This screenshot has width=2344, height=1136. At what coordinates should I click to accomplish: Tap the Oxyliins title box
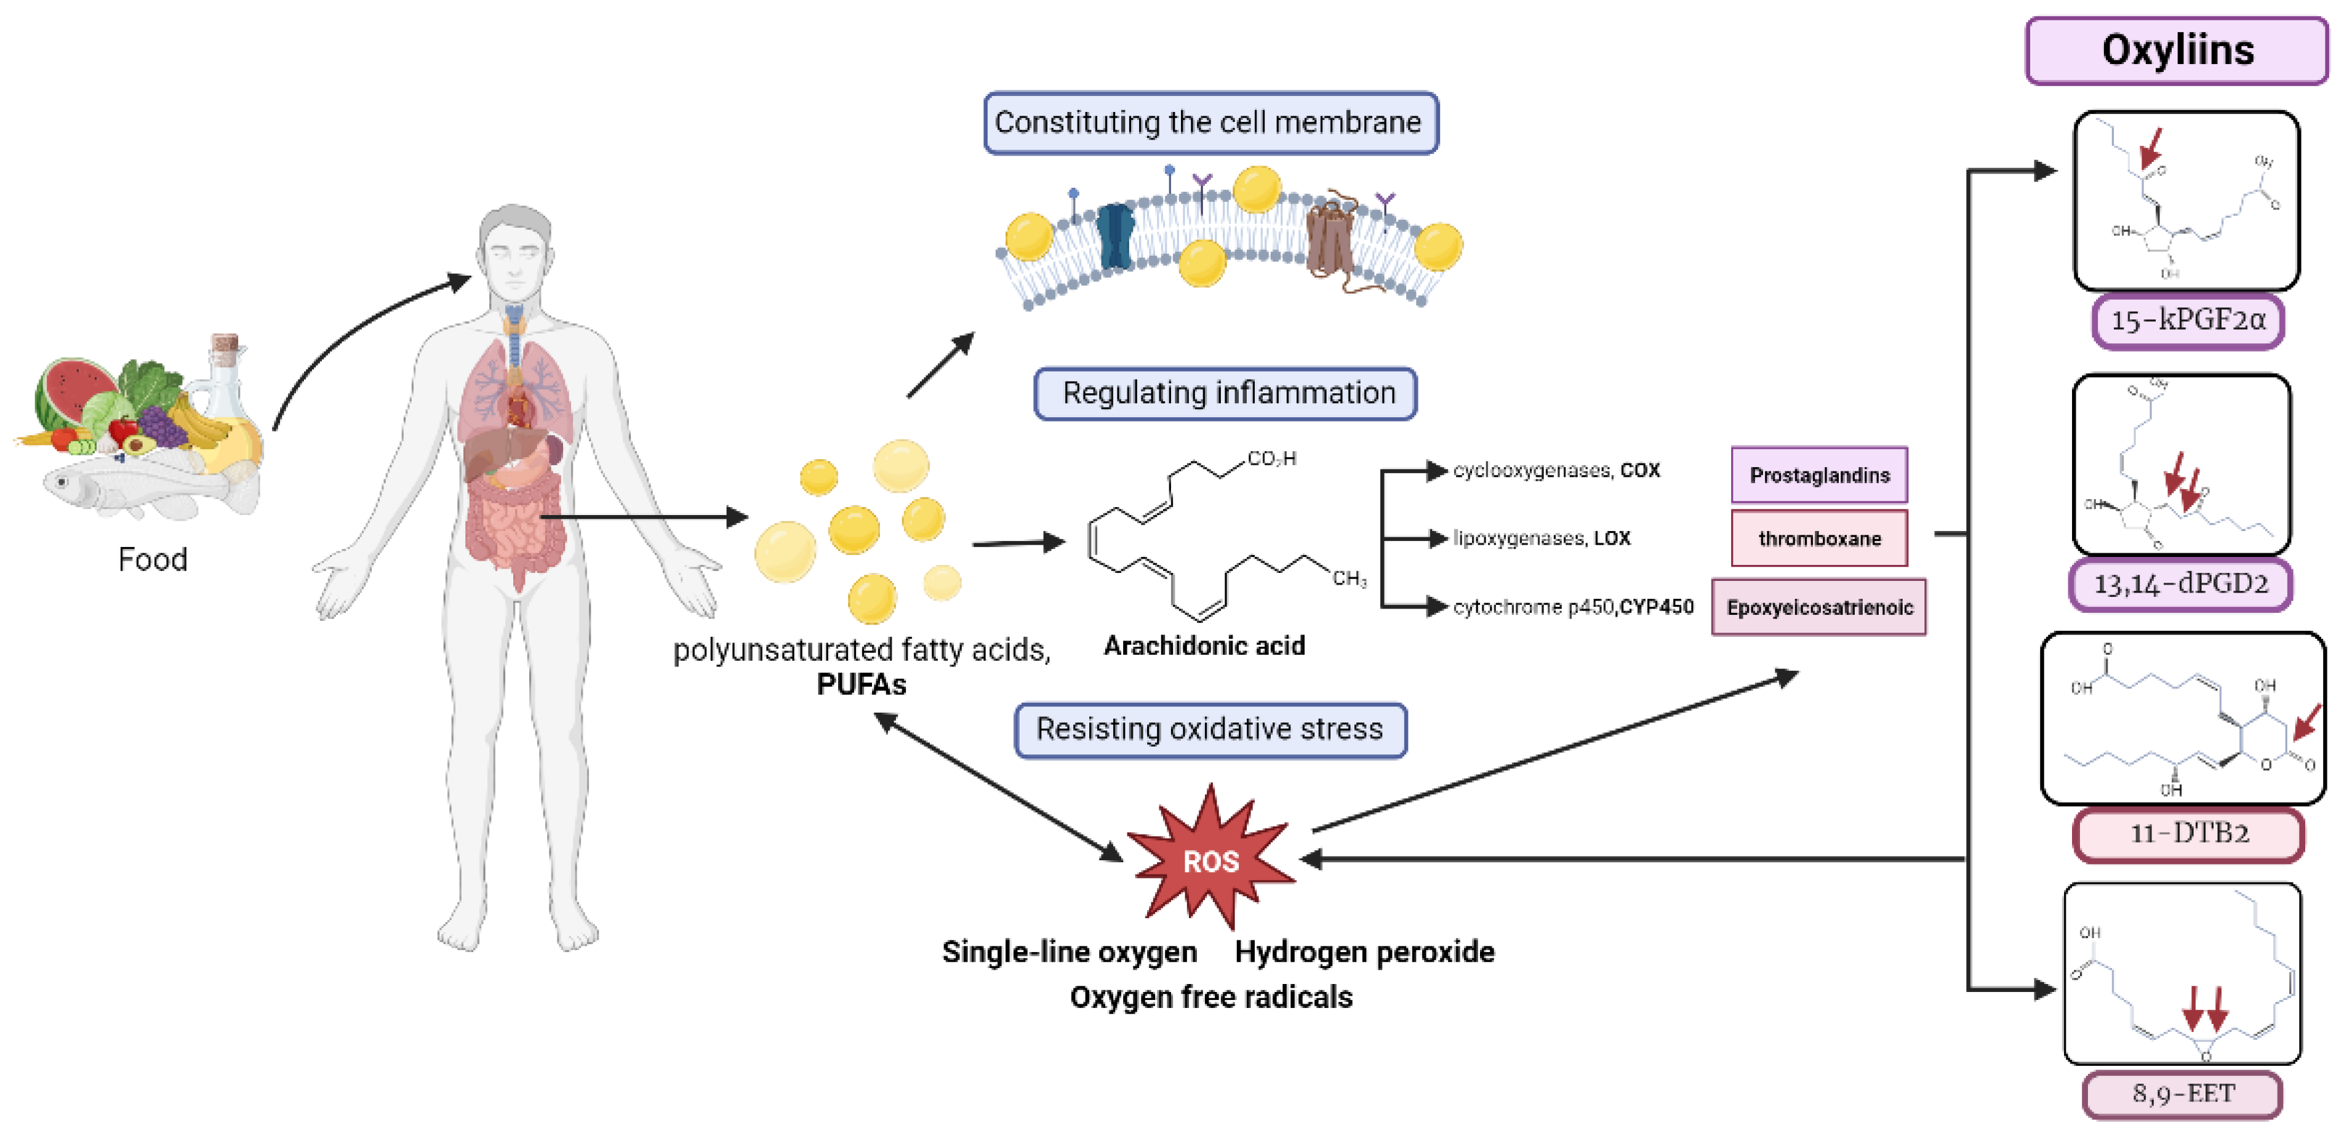click(x=2177, y=51)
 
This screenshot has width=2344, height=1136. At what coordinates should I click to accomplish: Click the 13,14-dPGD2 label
click(x=2180, y=583)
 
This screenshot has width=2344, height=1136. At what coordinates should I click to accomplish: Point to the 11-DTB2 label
click(x=2188, y=833)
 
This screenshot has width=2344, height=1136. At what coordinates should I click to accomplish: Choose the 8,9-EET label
click(x=2182, y=1093)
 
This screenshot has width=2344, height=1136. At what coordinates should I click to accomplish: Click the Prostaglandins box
click(x=1819, y=475)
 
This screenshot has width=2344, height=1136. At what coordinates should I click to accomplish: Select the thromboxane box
click(x=1819, y=539)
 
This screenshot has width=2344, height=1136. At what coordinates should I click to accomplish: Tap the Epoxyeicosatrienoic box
click(x=1819, y=607)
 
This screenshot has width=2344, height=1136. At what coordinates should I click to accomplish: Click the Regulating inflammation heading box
click(x=1226, y=393)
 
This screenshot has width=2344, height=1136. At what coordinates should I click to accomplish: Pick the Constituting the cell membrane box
click(x=1210, y=122)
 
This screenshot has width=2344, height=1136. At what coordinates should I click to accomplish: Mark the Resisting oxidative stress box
click(x=1210, y=729)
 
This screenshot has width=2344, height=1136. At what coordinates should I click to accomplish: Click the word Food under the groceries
click(x=153, y=559)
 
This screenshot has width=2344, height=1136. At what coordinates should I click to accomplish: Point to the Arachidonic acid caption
click(x=1203, y=646)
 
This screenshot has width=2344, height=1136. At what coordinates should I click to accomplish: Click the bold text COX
click(x=1640, y=471)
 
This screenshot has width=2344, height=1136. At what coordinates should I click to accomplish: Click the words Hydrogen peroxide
click(x=1364, y=952)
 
